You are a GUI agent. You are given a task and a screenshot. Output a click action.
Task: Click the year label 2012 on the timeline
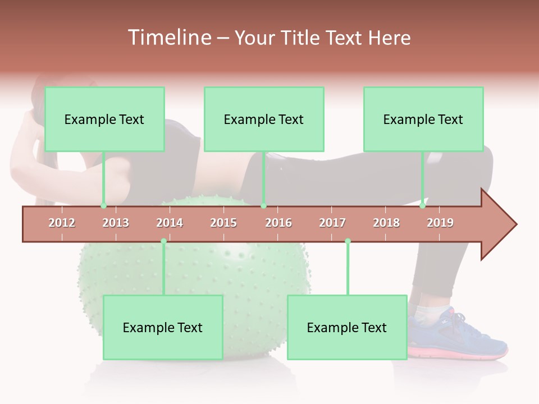pos(62,223)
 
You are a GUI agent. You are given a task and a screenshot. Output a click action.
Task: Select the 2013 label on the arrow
pos(116,223)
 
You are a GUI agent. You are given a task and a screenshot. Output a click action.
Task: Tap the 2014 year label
pos(170,223)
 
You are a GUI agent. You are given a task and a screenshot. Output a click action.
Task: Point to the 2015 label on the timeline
pos(223,223)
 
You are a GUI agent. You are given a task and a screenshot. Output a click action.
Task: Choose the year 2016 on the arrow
pos(278,223)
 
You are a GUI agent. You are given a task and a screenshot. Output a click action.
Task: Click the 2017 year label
pos(332,223)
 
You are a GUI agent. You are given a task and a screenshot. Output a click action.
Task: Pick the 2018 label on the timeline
pos(386,223)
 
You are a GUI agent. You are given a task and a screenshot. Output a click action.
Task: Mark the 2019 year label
pos(440,223)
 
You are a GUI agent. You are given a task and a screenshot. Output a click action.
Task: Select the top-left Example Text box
pos(104,119)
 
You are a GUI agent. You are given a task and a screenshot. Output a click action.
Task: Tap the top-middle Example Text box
pos(264,119)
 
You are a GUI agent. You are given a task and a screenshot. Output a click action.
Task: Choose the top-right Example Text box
pos(423,119)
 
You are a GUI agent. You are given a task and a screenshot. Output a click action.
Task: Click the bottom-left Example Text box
pos(163,327)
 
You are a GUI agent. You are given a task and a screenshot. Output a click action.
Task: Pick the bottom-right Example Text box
pos(347,327)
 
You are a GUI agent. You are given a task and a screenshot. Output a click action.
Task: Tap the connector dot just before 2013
pos(103,206)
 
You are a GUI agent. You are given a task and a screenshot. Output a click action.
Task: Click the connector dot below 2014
pos(163,241)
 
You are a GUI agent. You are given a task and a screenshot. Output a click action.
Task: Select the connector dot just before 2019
pos(422,206)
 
